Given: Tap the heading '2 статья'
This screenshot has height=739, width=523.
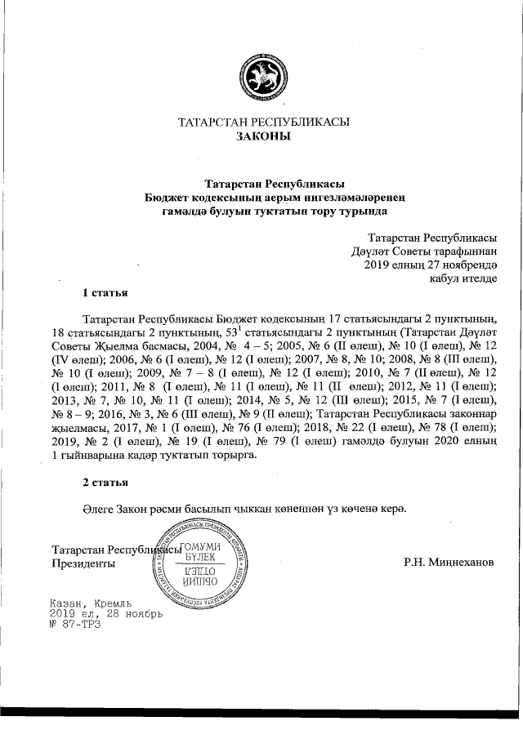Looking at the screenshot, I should (104, 482).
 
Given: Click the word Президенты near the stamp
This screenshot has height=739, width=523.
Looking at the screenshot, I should (83, 563).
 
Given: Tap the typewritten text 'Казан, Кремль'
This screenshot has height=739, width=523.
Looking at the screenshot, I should (91, 601).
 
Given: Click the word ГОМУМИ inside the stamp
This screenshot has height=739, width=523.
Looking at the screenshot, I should (200, 546).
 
